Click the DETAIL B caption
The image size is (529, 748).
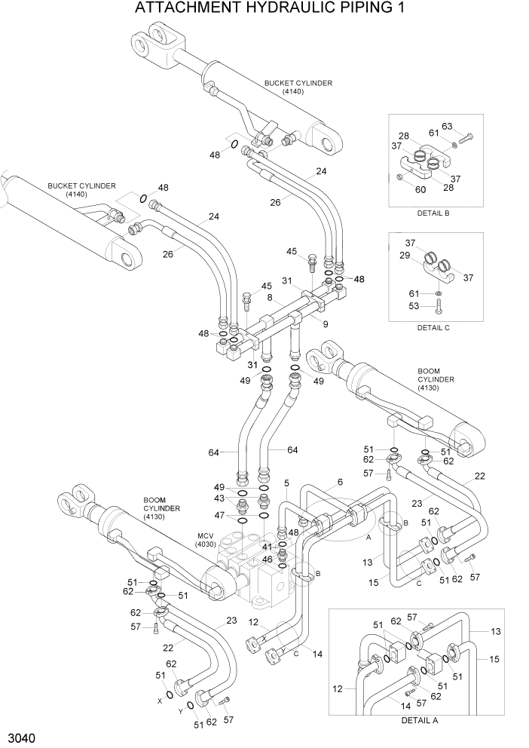[x=433, y=213]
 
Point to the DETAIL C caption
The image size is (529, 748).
[x=433, y=327]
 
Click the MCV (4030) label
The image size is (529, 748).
[x=206, y=539]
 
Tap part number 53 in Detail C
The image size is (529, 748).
[x=414, y=306]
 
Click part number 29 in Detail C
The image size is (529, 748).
[x=405, y=256]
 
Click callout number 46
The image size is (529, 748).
[x=267, y=559]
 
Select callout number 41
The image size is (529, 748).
[x=267, y=547]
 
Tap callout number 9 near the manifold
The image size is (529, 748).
[x=326, y=325]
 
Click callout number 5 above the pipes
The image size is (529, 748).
[x=286, y=483]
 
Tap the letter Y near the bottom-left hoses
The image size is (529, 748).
[x=181, y=710]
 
